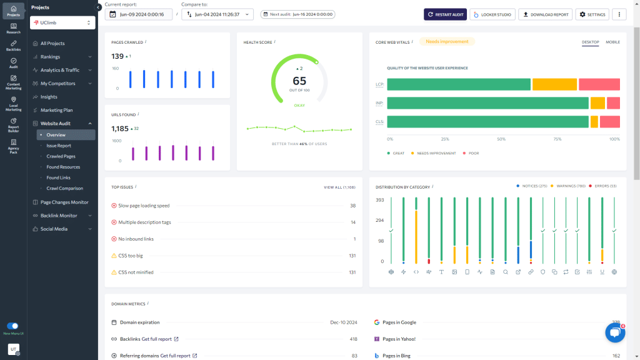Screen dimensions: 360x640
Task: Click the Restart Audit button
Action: coord(445,14)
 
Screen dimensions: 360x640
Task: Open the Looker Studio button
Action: coord(492,14)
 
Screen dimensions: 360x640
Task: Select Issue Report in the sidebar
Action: coord(59,146)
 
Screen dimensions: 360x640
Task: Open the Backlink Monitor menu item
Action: coord(59,216)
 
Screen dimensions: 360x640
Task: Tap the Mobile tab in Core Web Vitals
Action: coord(612,42)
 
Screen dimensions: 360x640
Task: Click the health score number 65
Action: coord(299,81)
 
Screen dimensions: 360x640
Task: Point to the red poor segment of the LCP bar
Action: coord(599,84)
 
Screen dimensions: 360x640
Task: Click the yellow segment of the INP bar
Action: coord(597,103)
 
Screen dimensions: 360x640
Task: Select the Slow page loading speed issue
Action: coord(144,206)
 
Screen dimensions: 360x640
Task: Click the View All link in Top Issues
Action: coord(339,187)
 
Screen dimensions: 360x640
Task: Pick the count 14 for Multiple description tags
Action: coord(352,222)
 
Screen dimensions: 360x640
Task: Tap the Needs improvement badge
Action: coord(447,42)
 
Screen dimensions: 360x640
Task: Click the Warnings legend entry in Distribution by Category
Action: coord(568,186)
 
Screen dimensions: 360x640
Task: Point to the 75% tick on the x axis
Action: coord(557,139)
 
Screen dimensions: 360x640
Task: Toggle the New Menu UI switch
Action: coord(12,326)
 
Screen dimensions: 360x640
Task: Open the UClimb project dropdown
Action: coord(62,22)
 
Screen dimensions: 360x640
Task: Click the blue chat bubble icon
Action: coord(615,333)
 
